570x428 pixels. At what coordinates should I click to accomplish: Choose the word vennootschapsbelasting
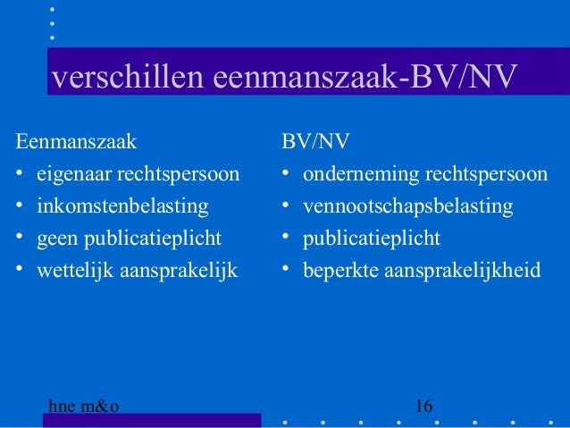tap(407, 206)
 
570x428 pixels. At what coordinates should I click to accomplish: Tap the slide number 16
tap(424, 407)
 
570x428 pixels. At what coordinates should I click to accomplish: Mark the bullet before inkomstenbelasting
tap(20, 207)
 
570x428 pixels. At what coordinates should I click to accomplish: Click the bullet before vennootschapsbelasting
tap(286, 207)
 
